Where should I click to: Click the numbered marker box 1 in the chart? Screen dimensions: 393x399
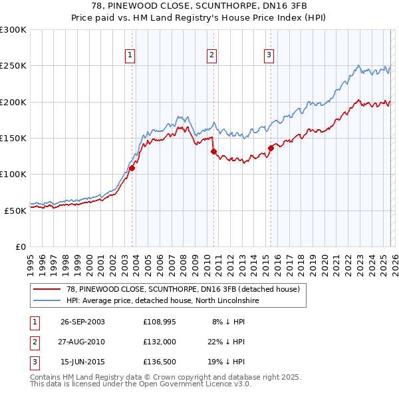point(130,56)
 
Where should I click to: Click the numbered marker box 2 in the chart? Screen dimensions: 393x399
point(211,56)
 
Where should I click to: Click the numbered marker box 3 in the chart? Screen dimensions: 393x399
point(269,56)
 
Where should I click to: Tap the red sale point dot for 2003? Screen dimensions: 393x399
point(132,168)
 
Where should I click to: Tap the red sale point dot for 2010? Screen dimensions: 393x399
point(213,151)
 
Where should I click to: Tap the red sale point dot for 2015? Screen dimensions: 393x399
point(271,148)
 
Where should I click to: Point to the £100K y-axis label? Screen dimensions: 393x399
point(13,174)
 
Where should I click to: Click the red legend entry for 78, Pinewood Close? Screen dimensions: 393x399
point(183,289)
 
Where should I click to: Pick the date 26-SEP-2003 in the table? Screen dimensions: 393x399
point(82,322)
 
